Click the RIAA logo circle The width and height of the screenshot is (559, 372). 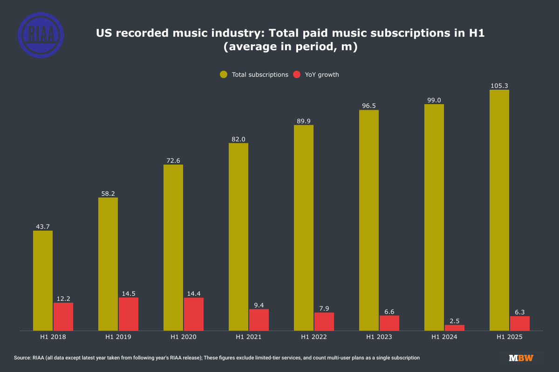click(41, 35)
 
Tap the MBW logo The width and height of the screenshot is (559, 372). click(521, 358)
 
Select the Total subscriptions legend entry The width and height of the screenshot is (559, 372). click(254, 74)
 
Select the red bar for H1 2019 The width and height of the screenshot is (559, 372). click(129, 314)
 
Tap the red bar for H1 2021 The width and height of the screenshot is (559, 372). click(259, 320)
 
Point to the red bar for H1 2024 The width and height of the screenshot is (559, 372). click(455, 327)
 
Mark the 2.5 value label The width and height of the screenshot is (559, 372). click(455, 320)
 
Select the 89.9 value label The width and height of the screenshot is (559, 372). click(304, 121)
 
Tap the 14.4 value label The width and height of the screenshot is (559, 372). click(194, 293)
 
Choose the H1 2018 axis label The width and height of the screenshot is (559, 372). click(53, 337)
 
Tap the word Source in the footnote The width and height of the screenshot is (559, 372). click(22, 358)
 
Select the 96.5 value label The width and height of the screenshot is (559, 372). click(369, 106)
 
